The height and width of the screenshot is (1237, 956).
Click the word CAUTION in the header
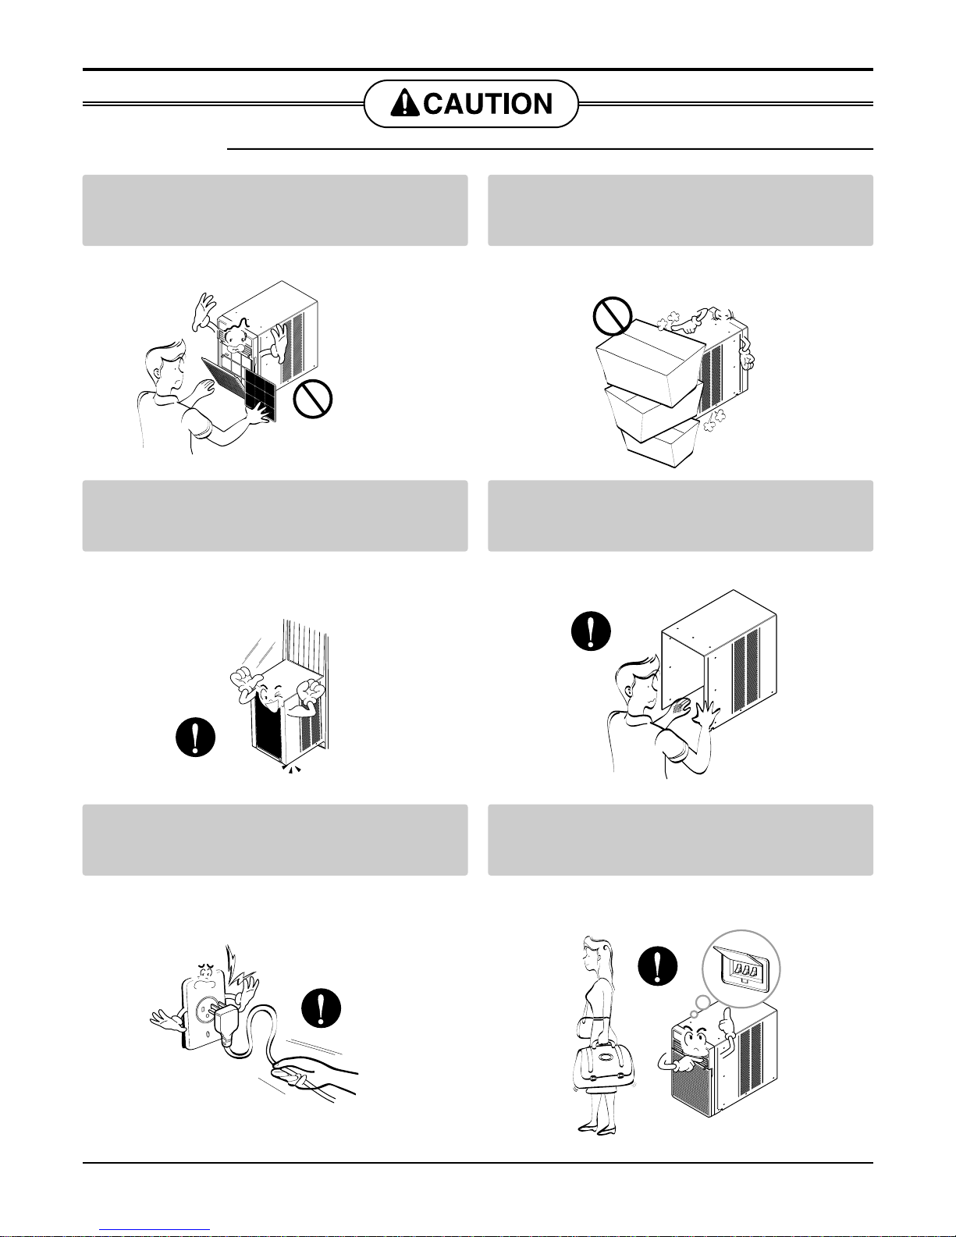pos(488,104)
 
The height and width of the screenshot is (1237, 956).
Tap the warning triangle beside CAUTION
pos(404,103)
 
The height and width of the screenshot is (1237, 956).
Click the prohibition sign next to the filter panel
pos(313,399)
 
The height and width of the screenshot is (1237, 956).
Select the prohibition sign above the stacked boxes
pos(613,316)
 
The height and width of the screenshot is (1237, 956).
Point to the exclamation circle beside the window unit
pos(196,738)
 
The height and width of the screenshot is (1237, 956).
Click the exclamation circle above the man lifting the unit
pos(591,631)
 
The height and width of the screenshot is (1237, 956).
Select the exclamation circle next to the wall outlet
pos(322,1008)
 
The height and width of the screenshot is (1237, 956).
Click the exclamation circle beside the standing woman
pos(658,966)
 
